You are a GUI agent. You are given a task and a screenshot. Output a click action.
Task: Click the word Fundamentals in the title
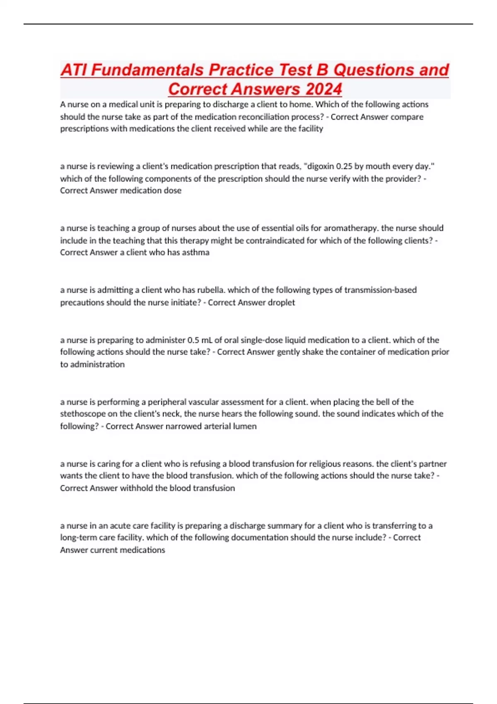(x=147, y=70)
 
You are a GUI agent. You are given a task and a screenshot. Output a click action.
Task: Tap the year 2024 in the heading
(x=323, y=89)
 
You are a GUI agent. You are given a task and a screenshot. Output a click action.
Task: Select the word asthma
(x=195, y=252)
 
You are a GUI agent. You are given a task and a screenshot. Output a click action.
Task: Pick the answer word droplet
(x=281, y=302)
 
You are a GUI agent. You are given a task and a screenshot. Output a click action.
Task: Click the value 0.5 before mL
(x=193, y=340)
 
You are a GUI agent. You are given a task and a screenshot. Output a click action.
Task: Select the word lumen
(x=245, y=426)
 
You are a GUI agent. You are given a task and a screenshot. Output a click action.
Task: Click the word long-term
(x=78, y=538)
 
